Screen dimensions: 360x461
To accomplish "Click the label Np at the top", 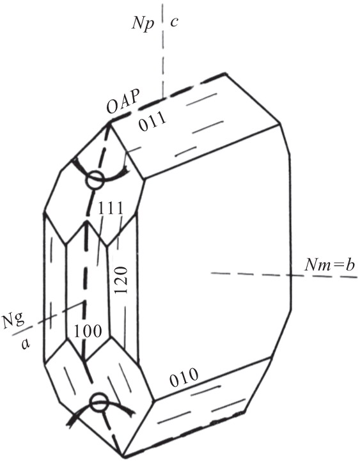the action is (143, 24).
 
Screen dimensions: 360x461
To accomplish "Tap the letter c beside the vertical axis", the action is (174, 22).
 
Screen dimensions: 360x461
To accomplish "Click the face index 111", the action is (110, 209).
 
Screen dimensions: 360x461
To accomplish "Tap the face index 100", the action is (88, 331).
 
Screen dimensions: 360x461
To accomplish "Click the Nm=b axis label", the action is (330, 265).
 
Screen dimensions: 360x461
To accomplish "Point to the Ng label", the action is (14, 322).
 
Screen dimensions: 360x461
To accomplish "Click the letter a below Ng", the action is (26, 343).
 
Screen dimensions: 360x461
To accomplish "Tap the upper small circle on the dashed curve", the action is (95, 180).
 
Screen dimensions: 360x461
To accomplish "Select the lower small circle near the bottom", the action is (99, 402).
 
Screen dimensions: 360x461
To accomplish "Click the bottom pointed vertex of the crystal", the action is (123, 457).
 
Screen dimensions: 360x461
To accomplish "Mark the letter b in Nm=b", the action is (350, 265).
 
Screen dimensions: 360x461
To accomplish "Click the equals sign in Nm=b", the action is (338, 266).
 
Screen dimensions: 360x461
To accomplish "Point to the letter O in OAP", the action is (111, 108).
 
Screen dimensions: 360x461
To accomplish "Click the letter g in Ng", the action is (20, 323).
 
